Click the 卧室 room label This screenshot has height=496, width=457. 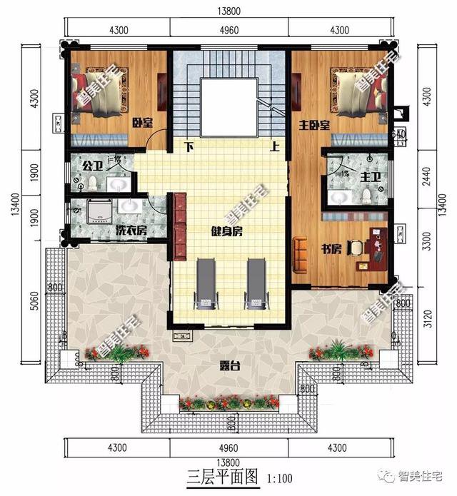143,123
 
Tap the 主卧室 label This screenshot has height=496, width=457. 314,126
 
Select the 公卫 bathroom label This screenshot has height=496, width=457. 91,166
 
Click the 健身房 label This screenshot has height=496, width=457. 228,231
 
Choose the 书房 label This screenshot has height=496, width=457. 330,249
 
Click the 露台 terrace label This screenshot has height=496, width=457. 228,366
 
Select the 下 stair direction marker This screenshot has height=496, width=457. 189,148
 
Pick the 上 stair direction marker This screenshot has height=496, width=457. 275,148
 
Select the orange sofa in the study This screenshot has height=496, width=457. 299,253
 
